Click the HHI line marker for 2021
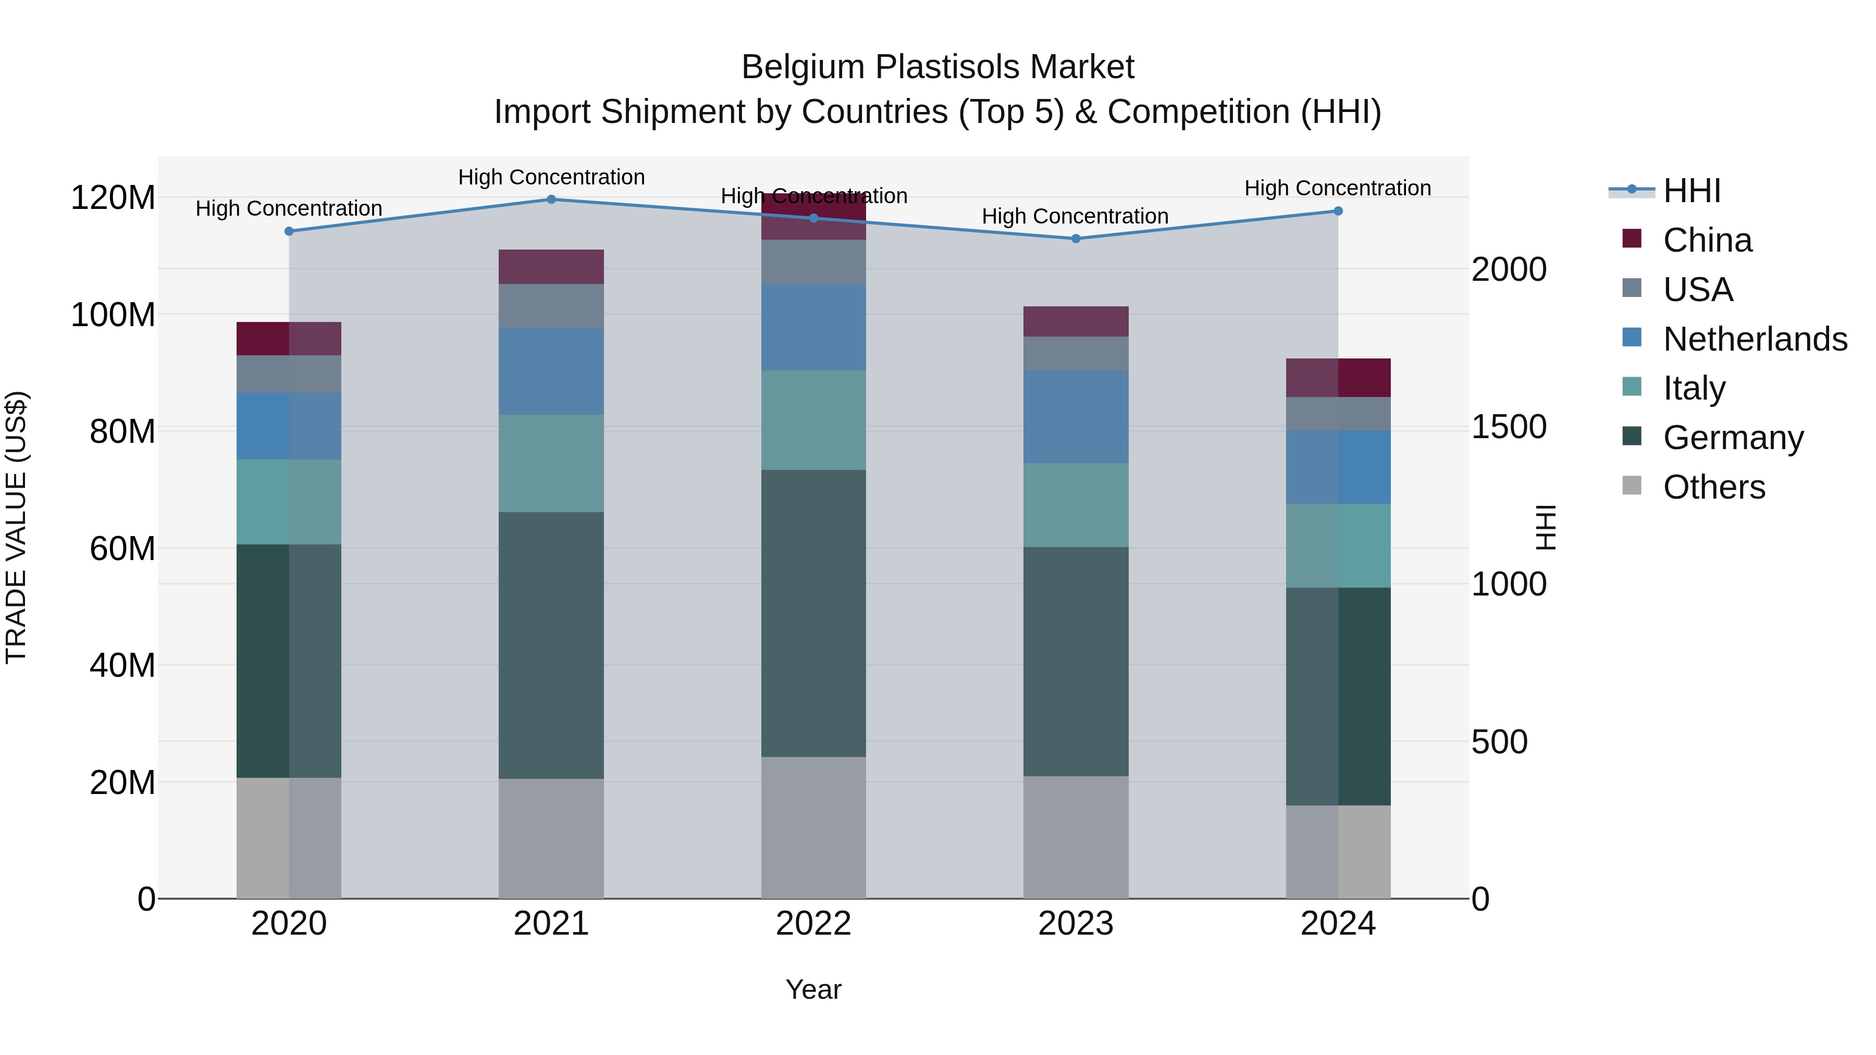pyautogui.click(x=551, y=200)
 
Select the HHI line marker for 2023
pyautogui.click(x=1076, y=239)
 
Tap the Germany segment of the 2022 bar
pyautogui.click(x=813, y=613)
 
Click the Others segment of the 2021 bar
pyautogui.click(x=551, y=838)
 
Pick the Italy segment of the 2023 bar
pyautogui.click(x=1076, y=505)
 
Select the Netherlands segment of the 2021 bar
pyautogui.click(x=551, y=371)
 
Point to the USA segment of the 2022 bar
pyautogui.click(x=813, y=262)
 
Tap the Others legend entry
pyautogui.click(x=1713, y=487)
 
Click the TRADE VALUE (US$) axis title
pyautogui.click(x=16, y=527)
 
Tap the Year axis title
pyautogui.click(x=813, y=989)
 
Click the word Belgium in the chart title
pyautogui.click(x=804, y=67)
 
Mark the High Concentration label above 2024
pyautogui.click(x=1337, y=189)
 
